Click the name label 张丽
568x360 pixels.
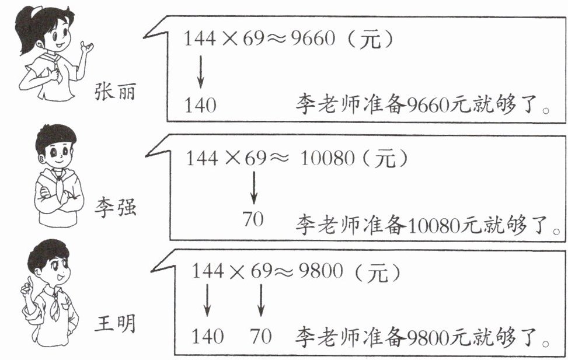click(115, 92)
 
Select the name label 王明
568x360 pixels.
click(115, 323)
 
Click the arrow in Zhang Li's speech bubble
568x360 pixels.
click(200, 71)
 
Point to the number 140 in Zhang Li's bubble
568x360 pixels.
click(200, 106)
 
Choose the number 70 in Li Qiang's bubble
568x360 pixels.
click(253, 219)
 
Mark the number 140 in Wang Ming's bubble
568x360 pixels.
click(207, 336)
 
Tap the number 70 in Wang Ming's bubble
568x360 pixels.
click(261, 336)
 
